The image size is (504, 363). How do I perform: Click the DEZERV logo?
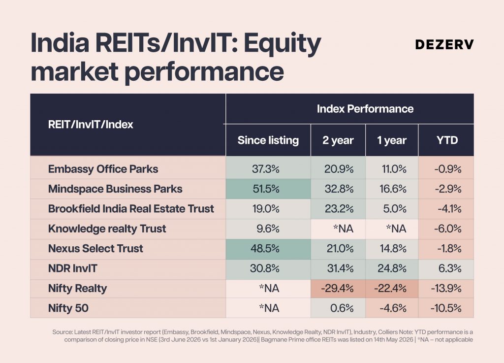(444, 45)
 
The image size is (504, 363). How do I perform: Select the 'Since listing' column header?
(268, 140)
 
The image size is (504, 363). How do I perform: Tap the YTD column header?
(447, 140)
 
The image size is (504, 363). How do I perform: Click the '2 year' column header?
(338, 140)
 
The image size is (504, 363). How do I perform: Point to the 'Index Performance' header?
(365, 109)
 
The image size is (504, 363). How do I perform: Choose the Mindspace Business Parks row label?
(115, 189)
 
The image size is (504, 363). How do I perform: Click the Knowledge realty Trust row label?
(107, 229)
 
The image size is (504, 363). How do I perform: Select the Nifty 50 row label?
(68, 308)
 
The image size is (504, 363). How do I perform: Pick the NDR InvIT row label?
(73, 268)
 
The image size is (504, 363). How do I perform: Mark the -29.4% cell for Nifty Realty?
(337, 289)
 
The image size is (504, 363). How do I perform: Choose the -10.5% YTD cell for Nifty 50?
(446, 308)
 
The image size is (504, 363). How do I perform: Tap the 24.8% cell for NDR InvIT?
(392, 268)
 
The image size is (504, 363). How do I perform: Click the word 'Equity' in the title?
(282, 44)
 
